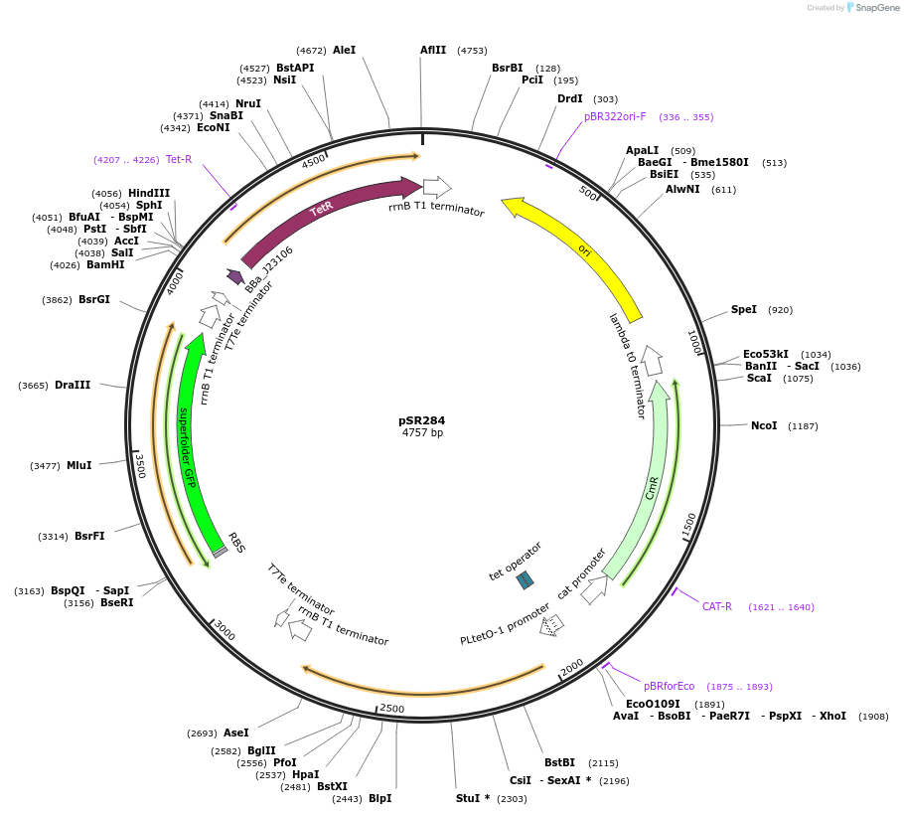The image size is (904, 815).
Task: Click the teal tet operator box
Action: pyautogui.click(x=526, y=579)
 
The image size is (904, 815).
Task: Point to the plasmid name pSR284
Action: pyautogui.click(x=422, y=420)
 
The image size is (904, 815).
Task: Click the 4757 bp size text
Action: pyautogui.click(x=422, y=433)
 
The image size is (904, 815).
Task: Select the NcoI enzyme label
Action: pyautogui.click(x=764, y=425)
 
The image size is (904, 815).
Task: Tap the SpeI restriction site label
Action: pyautogui.click(x=744, y=310)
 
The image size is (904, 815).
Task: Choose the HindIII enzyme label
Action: pyautogui.click(x=149, y=193)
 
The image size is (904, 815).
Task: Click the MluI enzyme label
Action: pyautogui.click(x=78, y=465)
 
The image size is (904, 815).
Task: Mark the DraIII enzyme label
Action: pyautogui.click(x=73, y=385)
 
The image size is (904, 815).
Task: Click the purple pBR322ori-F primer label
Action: pyautogui.click(x=615, y=116)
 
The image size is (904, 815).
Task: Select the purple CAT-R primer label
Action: pyautogui.click(x=717, y=606)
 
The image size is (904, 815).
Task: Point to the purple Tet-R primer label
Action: pyautogui.click(x=179, y=159)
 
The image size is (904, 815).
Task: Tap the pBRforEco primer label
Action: pyautogui.click(x=670, y=686)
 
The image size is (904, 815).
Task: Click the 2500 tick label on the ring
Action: pyautogui.click(x=392, y=709)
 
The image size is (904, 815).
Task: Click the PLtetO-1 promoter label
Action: pyautogui.click(x=505, y=624)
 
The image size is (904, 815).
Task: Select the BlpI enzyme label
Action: pyautogui.click(x=380, y=798)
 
